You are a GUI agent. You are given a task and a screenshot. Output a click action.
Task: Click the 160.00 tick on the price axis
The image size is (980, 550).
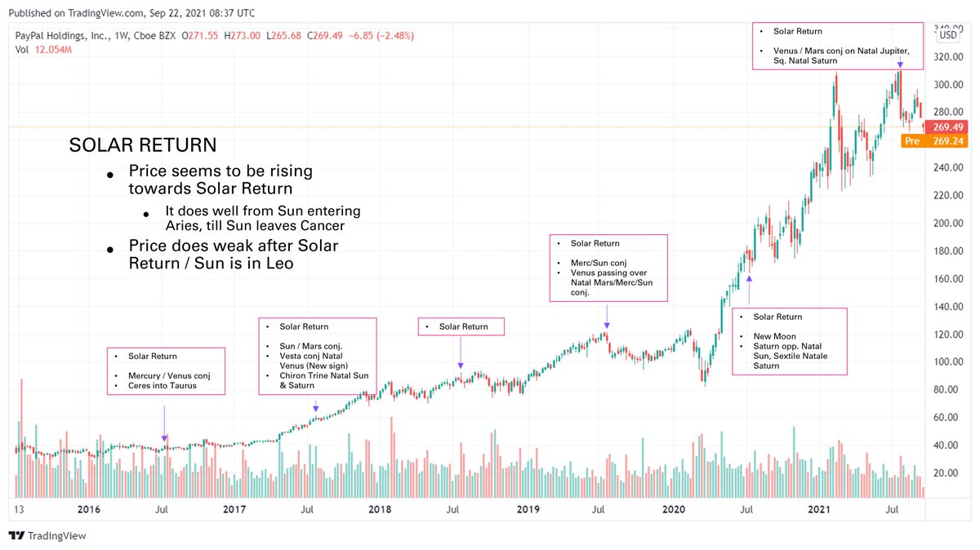[x=949, y=279]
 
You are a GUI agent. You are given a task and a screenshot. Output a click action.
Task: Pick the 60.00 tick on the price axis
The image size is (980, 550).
[x=949, y=418]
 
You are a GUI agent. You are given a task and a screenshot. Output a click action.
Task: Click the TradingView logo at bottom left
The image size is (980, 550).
[x=47, y=536]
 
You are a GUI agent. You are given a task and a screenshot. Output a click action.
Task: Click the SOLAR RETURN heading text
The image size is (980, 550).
[x=143, y=146]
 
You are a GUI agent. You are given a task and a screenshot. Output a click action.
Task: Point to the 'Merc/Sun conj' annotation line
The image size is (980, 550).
[x=599, y=263]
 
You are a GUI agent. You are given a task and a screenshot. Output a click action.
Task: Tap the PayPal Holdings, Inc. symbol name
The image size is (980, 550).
[x=63, y=36]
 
